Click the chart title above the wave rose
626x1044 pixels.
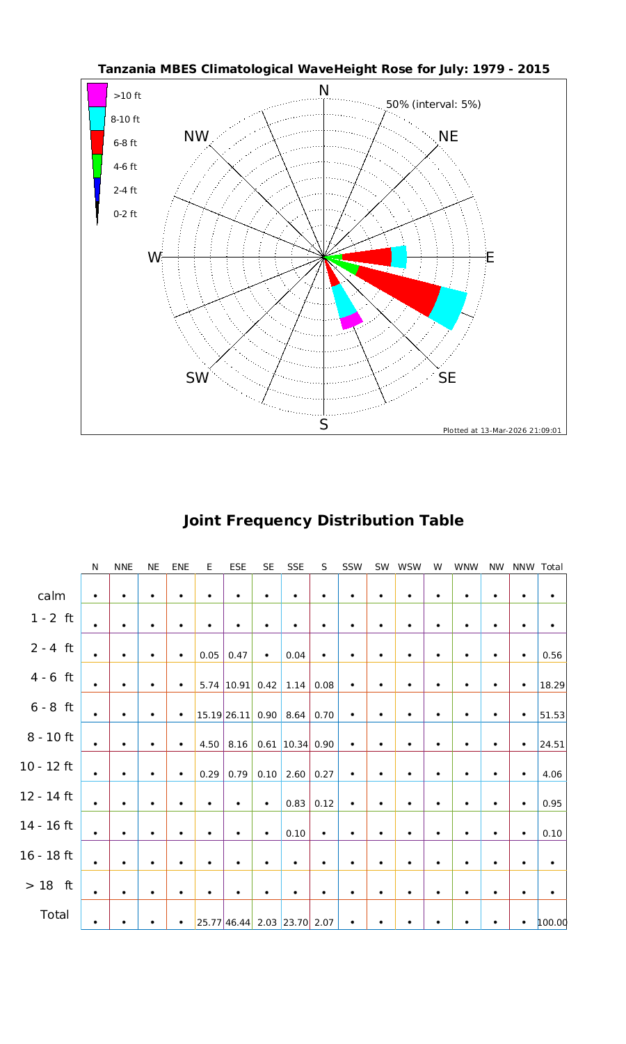(323, 70)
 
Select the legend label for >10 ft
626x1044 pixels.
(127, 96)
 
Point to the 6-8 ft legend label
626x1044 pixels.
(125, 143)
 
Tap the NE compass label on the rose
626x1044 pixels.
(449, 136)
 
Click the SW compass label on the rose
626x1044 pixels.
(198, 378)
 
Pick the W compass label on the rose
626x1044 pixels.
(154, 258)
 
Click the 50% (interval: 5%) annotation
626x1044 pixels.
(433, 104)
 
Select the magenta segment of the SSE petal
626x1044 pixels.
(351, 321)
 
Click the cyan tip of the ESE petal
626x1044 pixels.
(449, 307)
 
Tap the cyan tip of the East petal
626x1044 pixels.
(399, 257)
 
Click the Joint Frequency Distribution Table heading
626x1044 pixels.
(323, 521)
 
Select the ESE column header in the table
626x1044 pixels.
(238, 567)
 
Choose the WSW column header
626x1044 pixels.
(410, 567)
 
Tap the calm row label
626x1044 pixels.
(51, 596)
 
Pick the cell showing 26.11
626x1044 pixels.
(238, 715)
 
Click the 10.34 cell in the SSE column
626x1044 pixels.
(296, 744)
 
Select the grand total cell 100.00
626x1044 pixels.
(552, 923)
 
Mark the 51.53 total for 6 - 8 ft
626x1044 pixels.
(552, 715)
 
